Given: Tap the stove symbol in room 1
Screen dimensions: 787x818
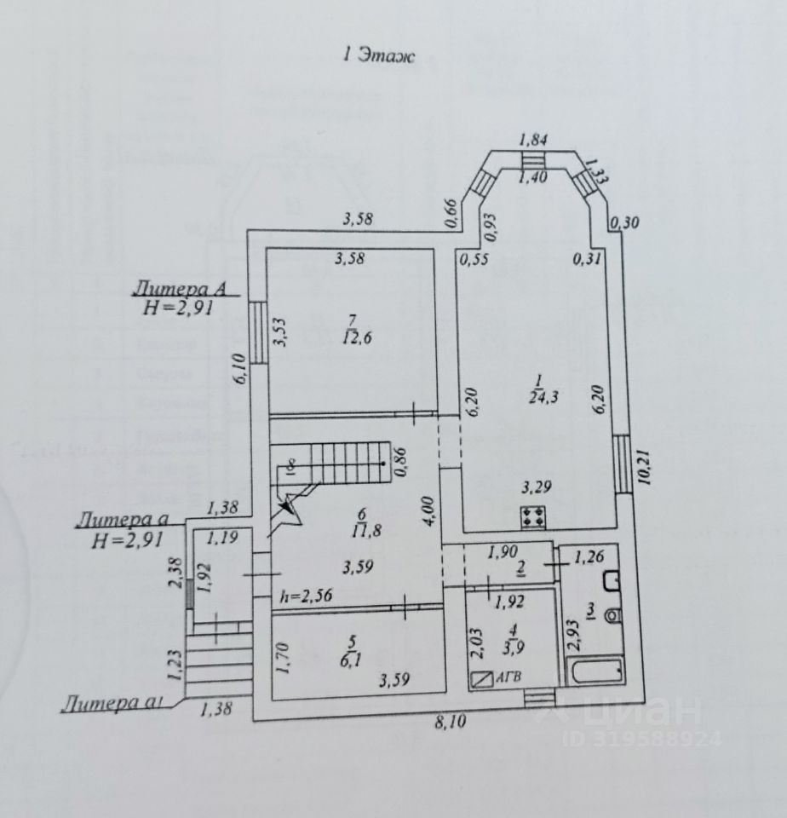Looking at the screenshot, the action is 534,516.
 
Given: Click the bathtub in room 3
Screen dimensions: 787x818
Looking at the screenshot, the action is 597,671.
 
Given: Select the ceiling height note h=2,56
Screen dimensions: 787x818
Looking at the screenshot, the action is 305,596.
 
